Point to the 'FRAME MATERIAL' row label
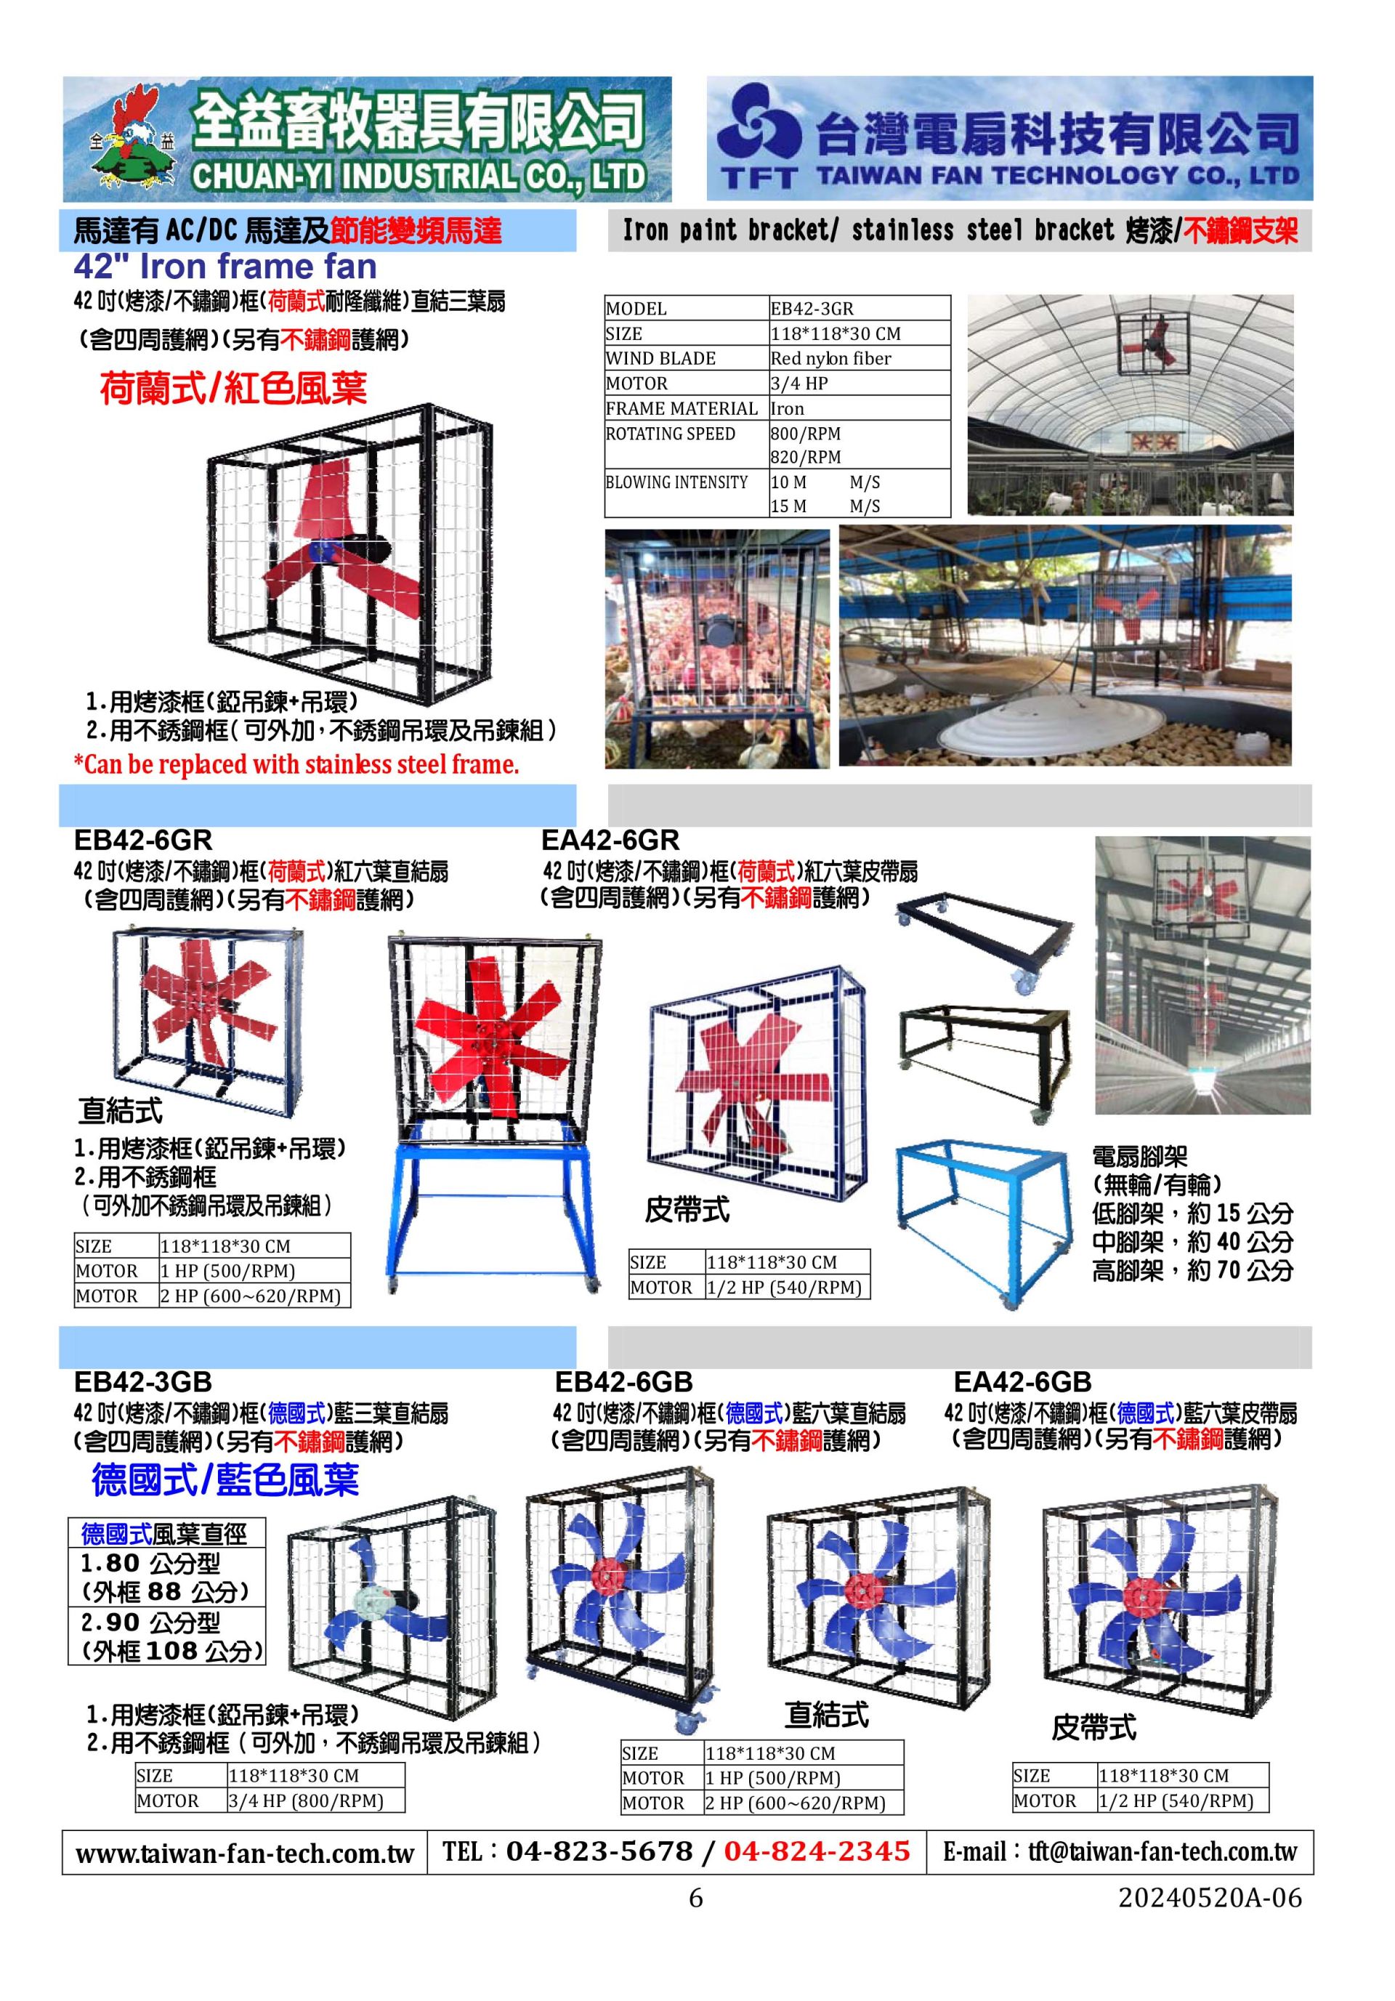click(x=682, y=408)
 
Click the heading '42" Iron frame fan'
click(x=225, y=266)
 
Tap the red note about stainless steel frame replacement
click(x=296, y=764)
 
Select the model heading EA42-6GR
click(x=609, y=840)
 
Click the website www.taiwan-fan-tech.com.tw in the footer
click(x=244, y=1852)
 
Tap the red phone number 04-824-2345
click(x=817, y=1850)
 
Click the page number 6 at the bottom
click(x=695, y=1898)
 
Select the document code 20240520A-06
click(x=1210, y=1898)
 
